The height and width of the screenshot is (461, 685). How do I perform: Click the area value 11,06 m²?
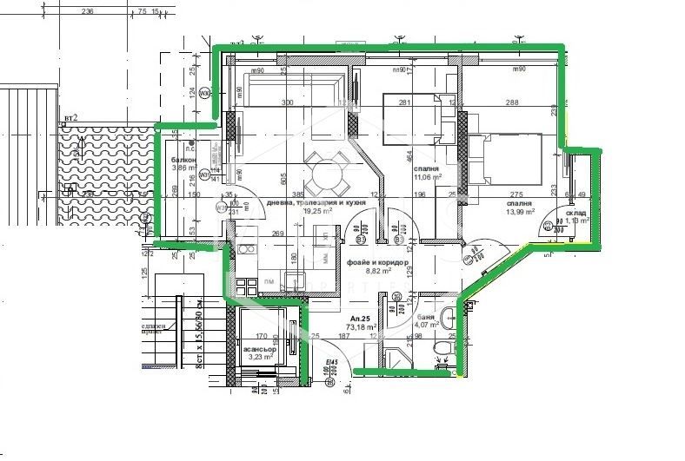tap(425, 176)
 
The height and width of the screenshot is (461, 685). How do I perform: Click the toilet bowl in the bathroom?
tap(444, 348)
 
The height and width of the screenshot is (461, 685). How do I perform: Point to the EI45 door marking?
tap(330, 363)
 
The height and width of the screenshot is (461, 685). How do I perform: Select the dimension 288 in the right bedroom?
tap(512, 102)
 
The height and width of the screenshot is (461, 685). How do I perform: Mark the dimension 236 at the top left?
tap(111, 12)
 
